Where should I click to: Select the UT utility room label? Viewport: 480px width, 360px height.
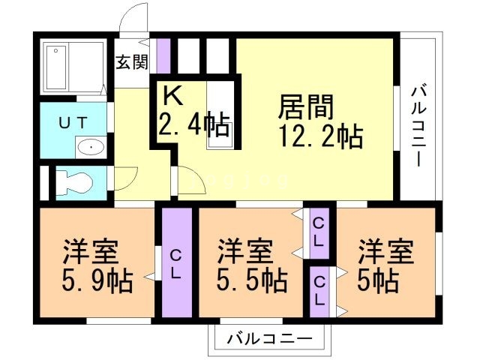coord(73,122)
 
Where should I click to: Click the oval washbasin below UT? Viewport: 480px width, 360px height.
coord(91,147)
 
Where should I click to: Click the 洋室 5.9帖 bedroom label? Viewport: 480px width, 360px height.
coord(97,265)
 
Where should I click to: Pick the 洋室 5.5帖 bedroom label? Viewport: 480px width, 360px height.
coord(251,265)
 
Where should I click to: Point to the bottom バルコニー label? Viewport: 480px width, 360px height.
coord(268,337)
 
